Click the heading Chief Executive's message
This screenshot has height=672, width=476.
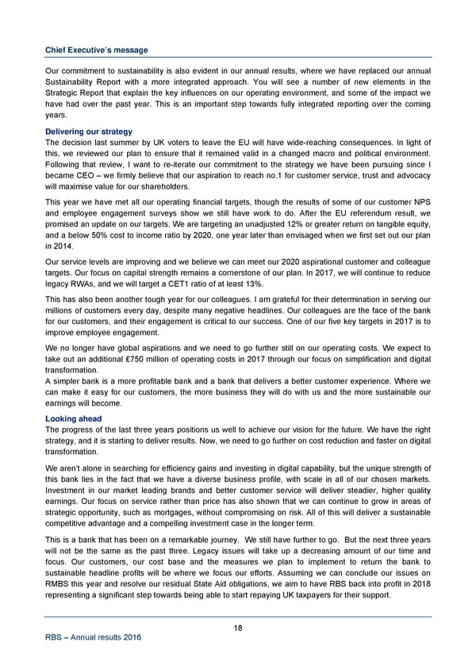click(96, 50)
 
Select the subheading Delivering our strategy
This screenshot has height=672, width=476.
click(88, 131)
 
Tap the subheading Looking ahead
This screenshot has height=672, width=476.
click(73, 418)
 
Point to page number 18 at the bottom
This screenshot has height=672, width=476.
click(238, 628)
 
